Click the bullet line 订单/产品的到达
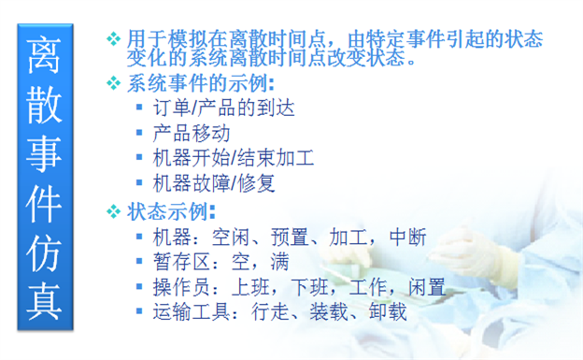(x=223, y=108)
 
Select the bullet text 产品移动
(x=191, y=133)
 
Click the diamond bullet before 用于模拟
(x=114, y=39)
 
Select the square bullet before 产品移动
(x=139, y=133)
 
